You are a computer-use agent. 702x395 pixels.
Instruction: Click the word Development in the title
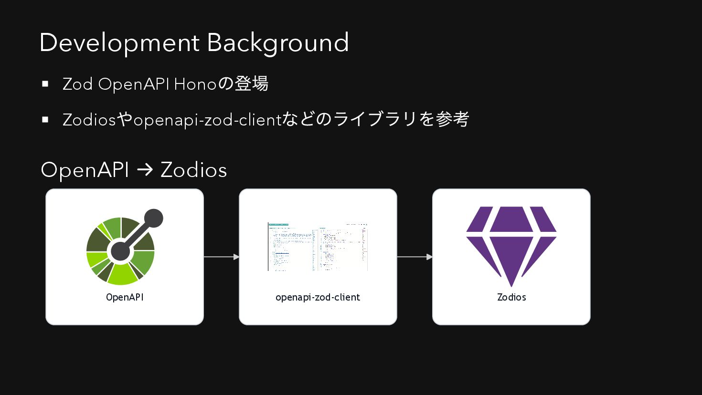(x=119, y=43)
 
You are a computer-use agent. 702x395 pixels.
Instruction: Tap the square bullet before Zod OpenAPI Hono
(x=45, y=84)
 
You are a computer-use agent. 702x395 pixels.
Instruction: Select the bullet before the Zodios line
(x=45, y=120)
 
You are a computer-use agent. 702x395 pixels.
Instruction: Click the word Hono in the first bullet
(x=195, y=84)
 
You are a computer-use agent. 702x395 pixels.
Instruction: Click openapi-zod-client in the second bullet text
(x=207, y=120)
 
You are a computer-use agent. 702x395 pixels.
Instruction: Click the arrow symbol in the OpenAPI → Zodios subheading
(x=145, y=170)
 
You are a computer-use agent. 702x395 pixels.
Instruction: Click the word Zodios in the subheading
(x=193, y=170)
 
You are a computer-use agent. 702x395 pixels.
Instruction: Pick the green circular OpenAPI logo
(x=120, y=251)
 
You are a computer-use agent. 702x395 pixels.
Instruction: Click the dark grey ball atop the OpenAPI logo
(x=153, y=218)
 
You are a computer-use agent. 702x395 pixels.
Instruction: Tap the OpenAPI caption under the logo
(x=125, y=297)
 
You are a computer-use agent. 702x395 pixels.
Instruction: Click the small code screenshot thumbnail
(x=318, y=247)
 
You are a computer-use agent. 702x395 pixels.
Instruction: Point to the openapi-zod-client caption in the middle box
(x=318, y=297)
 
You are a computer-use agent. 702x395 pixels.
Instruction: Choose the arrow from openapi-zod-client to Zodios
(x=415, y=257)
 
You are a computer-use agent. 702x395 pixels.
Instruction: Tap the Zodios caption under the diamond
(x=511, y=297)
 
